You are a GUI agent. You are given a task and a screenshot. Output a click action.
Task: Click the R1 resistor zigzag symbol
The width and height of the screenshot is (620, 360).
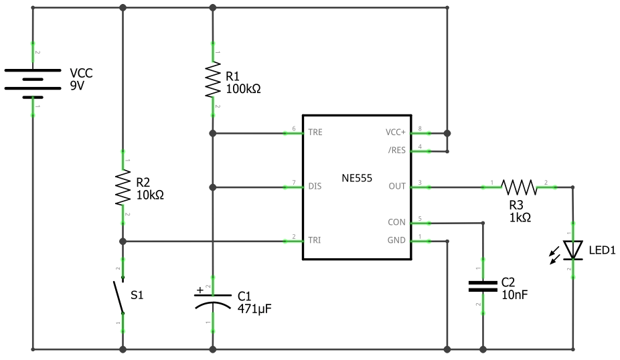point(212,80)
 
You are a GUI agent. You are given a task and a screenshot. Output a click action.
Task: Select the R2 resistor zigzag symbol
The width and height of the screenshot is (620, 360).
point(123,188)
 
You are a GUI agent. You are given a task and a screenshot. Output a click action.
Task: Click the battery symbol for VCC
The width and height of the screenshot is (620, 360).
point(32,82)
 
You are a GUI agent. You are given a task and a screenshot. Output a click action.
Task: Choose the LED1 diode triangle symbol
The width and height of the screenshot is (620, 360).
point(573,250)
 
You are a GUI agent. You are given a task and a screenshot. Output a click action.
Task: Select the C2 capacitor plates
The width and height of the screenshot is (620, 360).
point(482,286)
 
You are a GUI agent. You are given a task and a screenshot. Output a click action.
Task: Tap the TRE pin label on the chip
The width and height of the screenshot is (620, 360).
point(315,132)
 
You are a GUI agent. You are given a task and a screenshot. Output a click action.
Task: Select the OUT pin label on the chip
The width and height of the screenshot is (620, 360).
point(397,186)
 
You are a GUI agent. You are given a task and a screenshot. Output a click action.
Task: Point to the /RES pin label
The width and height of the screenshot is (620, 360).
point(396,151)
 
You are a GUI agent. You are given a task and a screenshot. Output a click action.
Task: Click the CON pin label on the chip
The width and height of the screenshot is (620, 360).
point(396,222)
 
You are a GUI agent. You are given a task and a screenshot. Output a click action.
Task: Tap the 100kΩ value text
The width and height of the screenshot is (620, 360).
point(243,89)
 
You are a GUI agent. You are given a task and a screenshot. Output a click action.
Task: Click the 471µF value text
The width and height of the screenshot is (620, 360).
point(255,308)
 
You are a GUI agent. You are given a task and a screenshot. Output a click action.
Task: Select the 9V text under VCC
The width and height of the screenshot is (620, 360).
point(78,86)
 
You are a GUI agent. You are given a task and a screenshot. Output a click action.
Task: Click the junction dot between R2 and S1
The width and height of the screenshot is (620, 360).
point(123,241)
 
